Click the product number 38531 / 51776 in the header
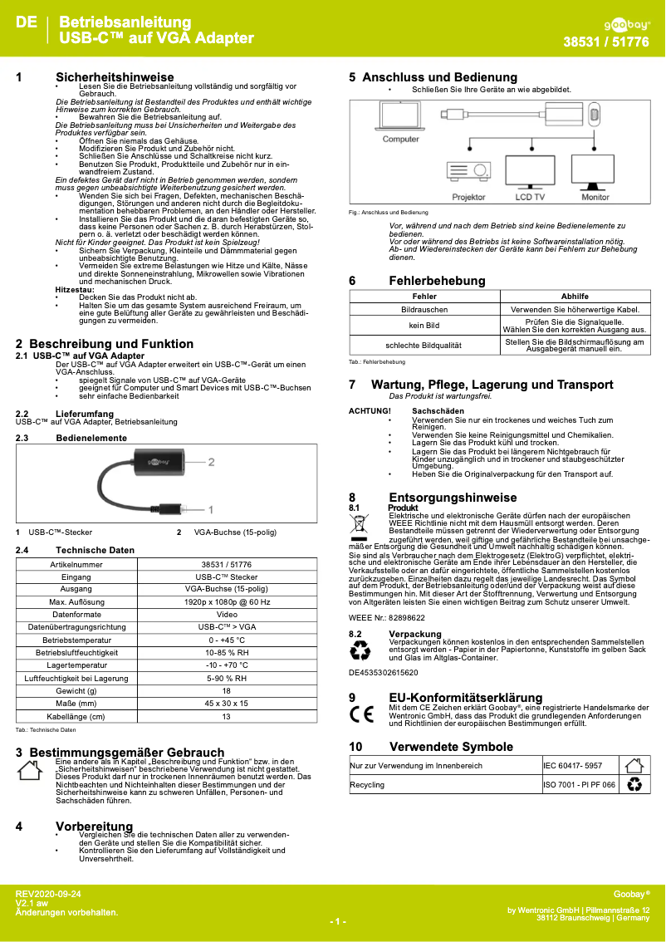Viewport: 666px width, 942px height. [x=606, y=42]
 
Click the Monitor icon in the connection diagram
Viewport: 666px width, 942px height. [x=595, y=172]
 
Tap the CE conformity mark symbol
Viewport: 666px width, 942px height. [x=361, y=714]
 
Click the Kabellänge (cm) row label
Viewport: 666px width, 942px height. [x=76, y=716]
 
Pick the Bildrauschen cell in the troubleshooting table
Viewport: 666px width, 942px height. [x=424, y=310]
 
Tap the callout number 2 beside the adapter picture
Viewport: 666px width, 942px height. [x=212, y=461]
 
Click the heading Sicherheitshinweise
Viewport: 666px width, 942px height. [x=115, y=77]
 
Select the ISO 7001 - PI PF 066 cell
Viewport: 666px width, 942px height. [x=579, y=784]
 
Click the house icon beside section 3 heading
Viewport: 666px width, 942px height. [x=29, y=771]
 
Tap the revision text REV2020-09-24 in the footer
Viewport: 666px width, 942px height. [x=49, y=893]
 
